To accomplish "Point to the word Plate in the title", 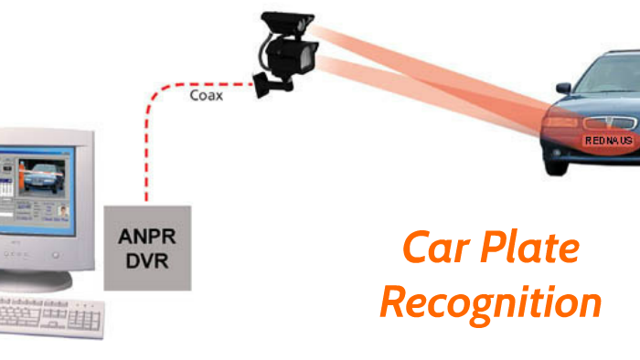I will click(532, 248).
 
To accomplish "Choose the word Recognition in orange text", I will click(491, 302).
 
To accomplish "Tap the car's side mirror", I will click(563, 89).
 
